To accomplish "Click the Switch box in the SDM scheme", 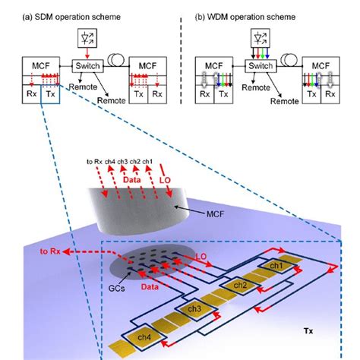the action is [87, 66].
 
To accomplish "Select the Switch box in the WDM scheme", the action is [261, 66].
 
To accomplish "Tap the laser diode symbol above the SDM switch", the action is [87, 38].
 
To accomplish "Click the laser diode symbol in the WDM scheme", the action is [261, 38].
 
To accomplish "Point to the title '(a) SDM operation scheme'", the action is [71, 17].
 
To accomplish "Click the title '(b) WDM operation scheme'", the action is [245, 17].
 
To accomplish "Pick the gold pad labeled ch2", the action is [240, 286].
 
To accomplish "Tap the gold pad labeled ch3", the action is [194, 309].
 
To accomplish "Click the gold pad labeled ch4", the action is [144, 337].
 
